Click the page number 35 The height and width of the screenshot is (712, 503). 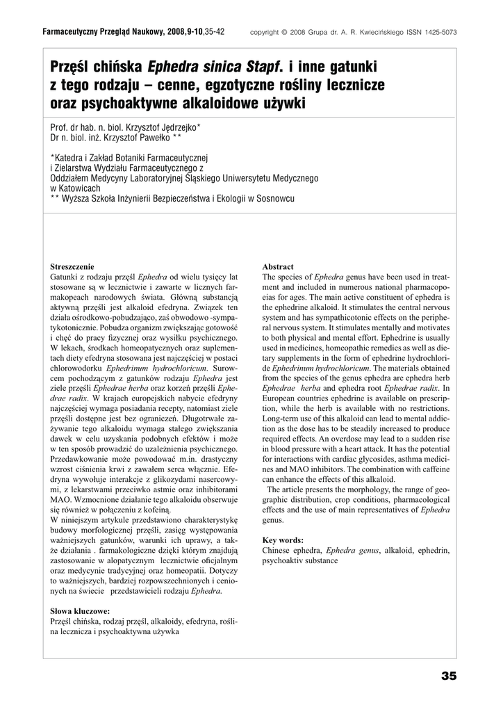pos(448,676)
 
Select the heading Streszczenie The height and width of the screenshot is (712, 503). pos(73,267)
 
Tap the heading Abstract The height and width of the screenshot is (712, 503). pos(278,267)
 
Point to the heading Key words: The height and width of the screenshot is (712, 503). pos(283,540)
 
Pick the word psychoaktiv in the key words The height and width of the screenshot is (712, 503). pos(282,560)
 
